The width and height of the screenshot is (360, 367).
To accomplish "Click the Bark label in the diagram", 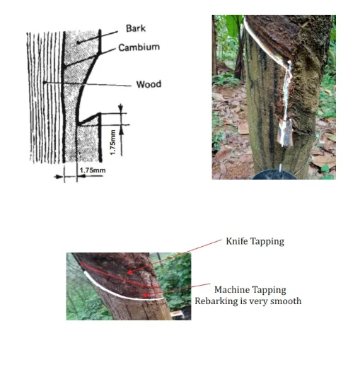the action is [x=136, y=28].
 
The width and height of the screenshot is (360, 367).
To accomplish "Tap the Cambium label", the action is [x=139, y=47].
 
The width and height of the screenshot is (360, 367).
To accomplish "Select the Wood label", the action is [x=149, y=84].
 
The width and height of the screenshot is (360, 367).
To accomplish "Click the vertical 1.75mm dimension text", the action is [x=113, y=142].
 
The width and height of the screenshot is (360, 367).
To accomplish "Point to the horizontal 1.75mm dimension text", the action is [x=93, y=170].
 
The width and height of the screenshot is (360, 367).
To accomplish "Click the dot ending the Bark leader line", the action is [x=78, y=42].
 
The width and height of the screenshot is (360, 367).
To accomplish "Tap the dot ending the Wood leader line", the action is [x=45, y=83].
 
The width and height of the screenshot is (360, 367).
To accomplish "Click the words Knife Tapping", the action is [x=255, y=241].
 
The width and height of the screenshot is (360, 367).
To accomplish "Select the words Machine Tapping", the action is [x=250, y=290].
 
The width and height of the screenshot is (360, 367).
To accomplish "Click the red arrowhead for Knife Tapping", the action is [x=129, y=272].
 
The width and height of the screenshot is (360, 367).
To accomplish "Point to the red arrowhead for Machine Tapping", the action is [x=144, y=295].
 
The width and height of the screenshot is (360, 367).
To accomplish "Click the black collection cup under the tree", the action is [x=274, y=175].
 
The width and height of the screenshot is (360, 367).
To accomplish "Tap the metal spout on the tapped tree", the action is [x=286, y=132].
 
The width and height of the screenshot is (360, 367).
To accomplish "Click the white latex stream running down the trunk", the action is [x=286, y=90].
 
